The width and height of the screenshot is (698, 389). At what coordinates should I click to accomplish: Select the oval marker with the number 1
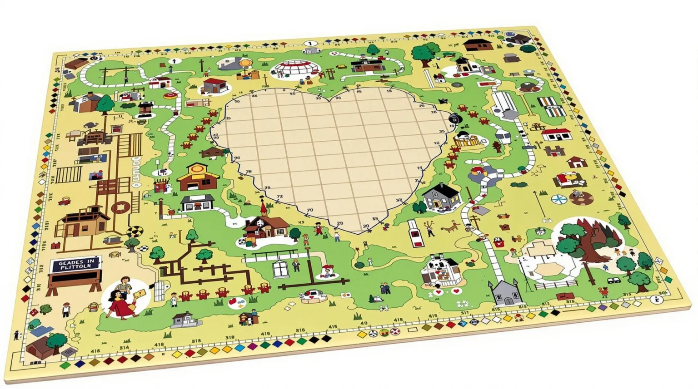310,44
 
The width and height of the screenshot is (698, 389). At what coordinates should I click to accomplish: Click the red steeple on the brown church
263,208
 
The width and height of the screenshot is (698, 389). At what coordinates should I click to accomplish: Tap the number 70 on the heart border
310,210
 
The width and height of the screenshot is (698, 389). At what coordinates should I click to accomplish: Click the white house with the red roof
555,134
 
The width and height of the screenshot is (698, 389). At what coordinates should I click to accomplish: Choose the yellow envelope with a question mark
141,293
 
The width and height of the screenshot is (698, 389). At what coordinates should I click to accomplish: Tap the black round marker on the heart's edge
454,119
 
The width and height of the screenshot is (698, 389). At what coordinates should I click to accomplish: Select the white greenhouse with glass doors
281,268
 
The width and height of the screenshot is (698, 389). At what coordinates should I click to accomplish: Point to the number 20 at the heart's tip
366,226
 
